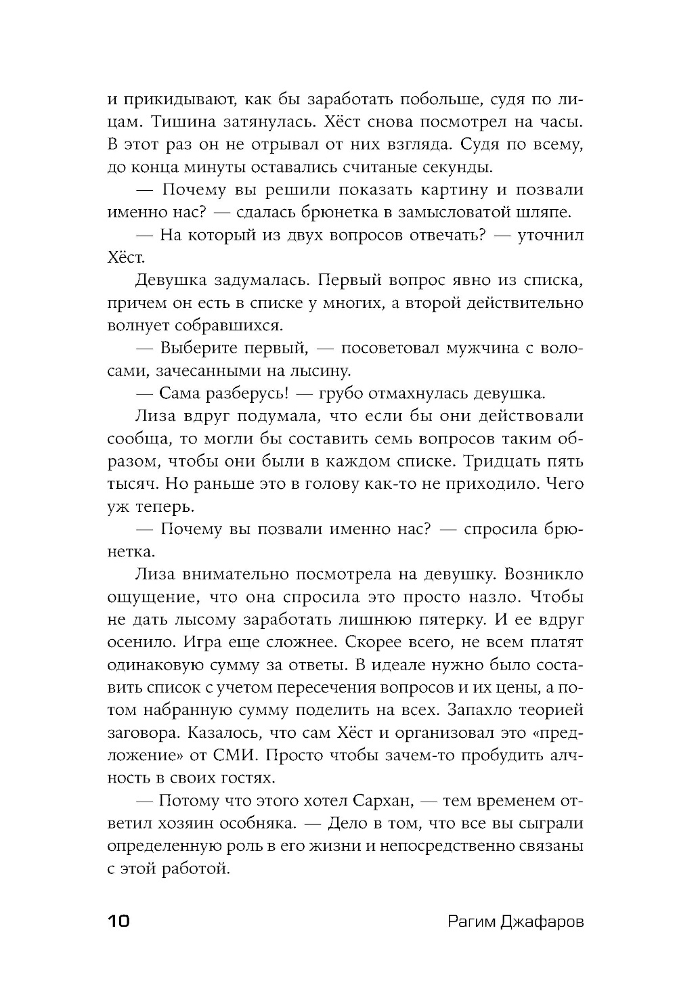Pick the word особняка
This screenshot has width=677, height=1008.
[258, 825]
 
